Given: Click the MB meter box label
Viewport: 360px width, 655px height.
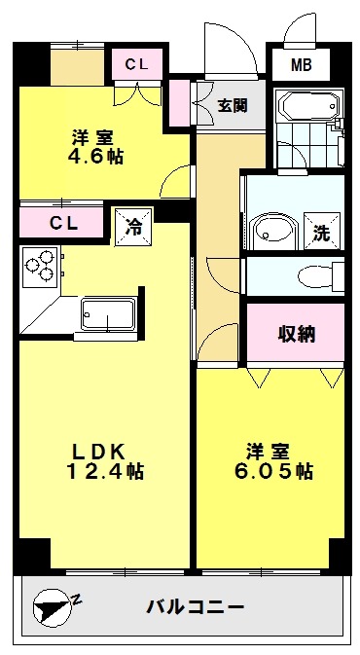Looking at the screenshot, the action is click(x=302, y=65).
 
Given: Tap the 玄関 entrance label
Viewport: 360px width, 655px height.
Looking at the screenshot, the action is click(x=233, y=106).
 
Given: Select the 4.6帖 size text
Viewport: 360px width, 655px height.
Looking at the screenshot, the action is click(x=95, y=157).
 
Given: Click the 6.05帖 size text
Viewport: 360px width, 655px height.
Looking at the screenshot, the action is click(x=274, y=472).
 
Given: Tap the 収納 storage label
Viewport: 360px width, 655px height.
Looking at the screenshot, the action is click(x=297, y=334).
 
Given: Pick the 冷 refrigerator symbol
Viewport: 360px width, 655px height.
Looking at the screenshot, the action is click(x=134, y=227).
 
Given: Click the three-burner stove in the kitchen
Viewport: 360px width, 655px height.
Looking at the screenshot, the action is click(x=40, y=267).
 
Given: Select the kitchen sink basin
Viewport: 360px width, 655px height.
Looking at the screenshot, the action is click(x=109, y=315).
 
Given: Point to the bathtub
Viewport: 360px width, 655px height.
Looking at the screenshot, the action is click(x=310, y=106).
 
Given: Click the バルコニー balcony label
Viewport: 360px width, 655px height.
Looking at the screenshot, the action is click(x=195, y=605).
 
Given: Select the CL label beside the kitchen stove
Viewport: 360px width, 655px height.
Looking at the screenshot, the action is click(x=64, y=223).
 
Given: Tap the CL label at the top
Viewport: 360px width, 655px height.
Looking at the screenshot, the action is click(x=137, y=64).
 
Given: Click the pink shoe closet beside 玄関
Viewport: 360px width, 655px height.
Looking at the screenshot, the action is click(x=179, y=103).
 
